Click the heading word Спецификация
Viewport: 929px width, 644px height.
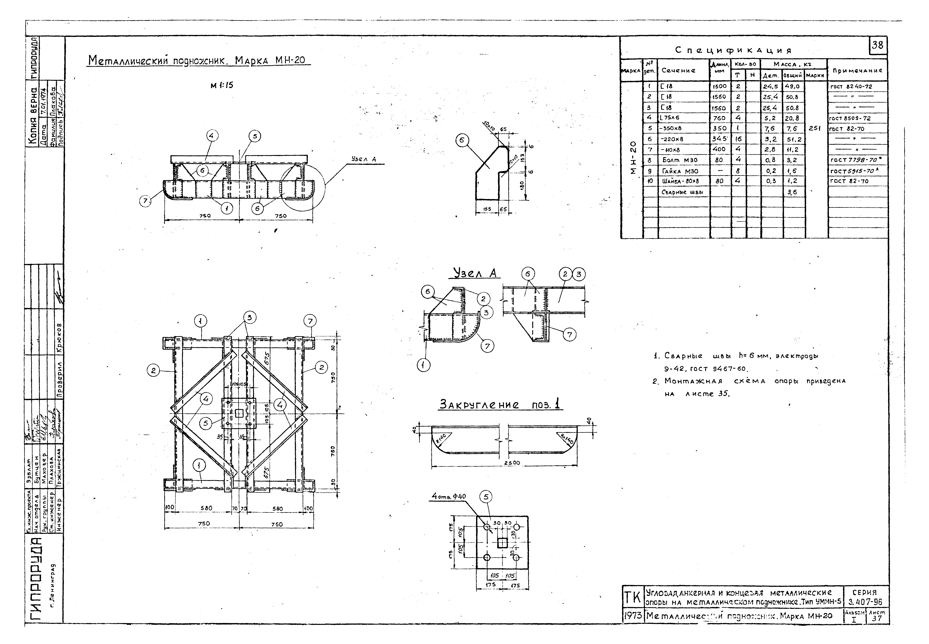click(733, 50)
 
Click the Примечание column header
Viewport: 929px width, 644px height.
click(857, 70)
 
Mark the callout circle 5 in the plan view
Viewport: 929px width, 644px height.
click(206, 423)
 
